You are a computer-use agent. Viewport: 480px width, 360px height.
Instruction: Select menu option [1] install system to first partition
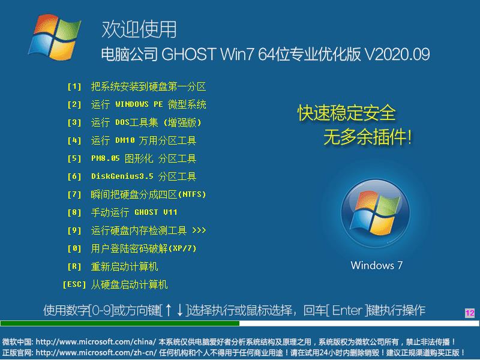[x=148, y=86]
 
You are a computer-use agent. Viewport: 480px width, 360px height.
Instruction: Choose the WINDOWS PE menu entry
[x=148, y=104]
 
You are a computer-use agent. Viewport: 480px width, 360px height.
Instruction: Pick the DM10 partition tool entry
[x=143, y=140]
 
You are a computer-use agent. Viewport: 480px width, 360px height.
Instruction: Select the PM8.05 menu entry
[x=143, y=158]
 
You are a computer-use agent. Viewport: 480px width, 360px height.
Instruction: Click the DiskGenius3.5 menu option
[x=143, y=176]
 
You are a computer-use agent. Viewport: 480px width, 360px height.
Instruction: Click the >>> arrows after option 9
[x=199, y=230]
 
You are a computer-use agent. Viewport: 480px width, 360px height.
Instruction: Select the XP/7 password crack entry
[x=144, y=248]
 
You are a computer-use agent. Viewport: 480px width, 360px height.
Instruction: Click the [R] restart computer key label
[x=74, y=266]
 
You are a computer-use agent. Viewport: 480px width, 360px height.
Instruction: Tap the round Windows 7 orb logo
[x=376, y=217]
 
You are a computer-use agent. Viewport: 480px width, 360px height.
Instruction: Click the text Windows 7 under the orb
[x=376, y=265]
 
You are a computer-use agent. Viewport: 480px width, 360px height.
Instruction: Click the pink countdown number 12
[x=469, y=313]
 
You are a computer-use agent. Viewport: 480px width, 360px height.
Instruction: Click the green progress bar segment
[x=120, y=323]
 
